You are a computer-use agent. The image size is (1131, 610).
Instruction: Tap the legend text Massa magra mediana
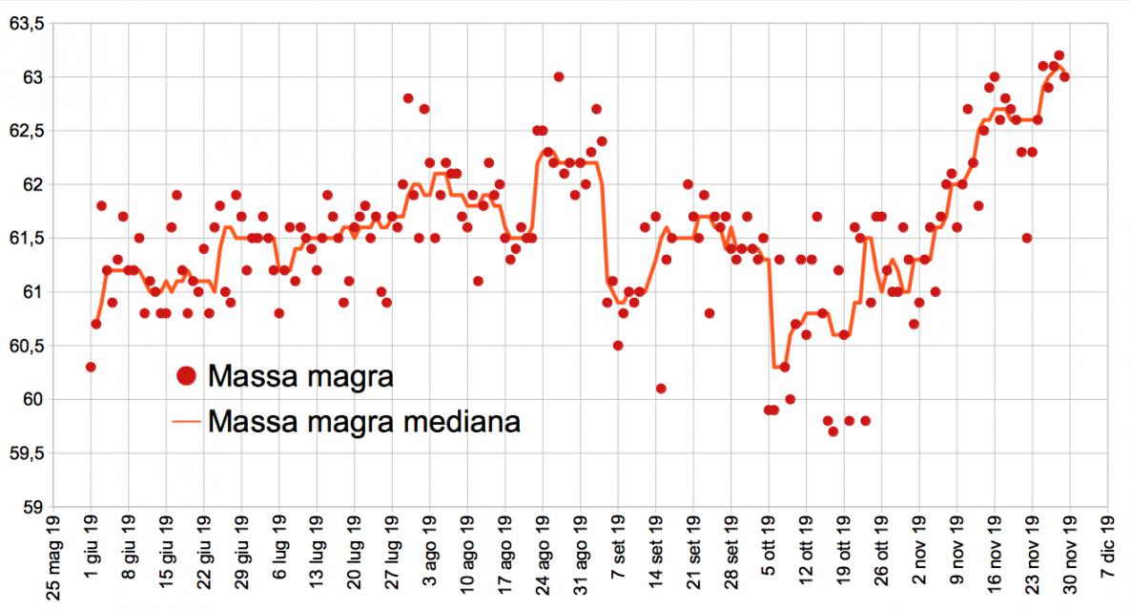pyautogui.click(x=363, y=421)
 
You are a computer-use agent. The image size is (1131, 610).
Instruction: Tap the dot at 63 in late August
pyautogui.click(x=559, y=76)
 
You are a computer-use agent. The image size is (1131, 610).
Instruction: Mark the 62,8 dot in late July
pyautogui.click(x=408, y=98)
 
